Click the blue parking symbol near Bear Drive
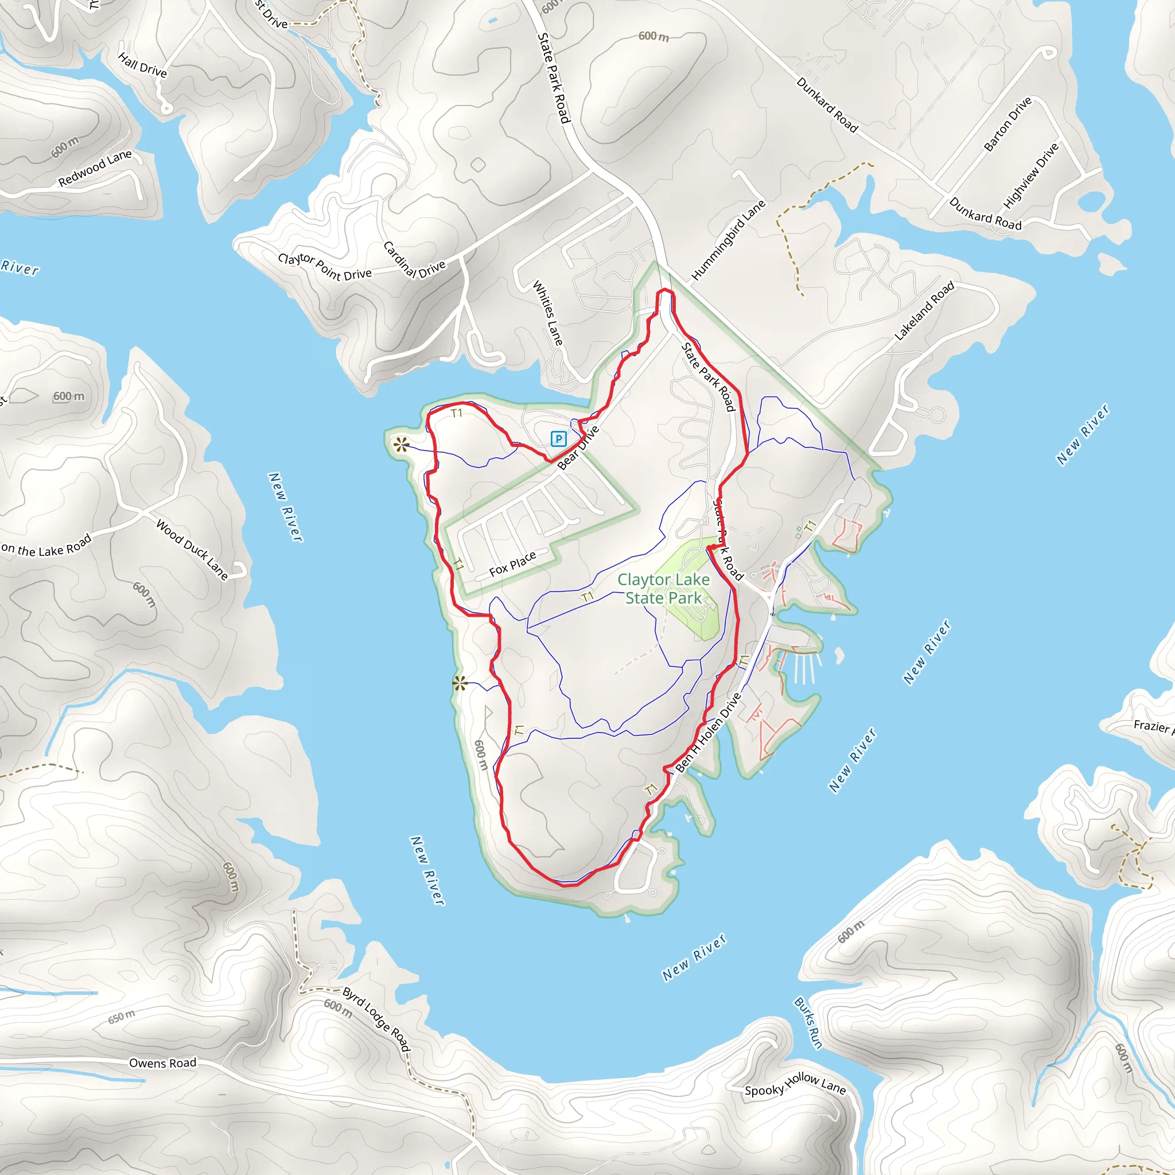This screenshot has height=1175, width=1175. click(558, 438)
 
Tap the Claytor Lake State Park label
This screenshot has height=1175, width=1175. click(664, 589)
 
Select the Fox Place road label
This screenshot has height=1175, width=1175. click(513, 564)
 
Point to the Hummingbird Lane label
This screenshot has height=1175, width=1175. click(728, 241)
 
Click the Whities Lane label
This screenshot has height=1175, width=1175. click(547, 313)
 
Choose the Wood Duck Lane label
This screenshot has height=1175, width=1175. click(192, 549)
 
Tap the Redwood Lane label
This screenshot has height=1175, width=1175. click(95, 169)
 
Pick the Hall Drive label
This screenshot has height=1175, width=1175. click(142, 64)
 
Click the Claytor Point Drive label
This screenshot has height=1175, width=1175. click(325, 267)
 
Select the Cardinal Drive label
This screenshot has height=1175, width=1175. click(414, 260)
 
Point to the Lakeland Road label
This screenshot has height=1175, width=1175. click(924, 311)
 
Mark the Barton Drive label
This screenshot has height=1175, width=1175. click(1007, 124)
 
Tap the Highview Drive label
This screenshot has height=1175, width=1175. click(1031, 175)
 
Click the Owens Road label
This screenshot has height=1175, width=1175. click(163, 1063)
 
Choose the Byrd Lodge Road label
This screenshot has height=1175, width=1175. click(376, 1019)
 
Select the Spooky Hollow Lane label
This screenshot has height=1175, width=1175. click(795, 1084)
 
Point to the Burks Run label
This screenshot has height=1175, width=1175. click(808, 1023)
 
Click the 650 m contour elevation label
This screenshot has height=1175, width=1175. click(122, 1016)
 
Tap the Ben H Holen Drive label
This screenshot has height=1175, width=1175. click(709, 733)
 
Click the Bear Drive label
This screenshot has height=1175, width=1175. click(578, 448)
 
